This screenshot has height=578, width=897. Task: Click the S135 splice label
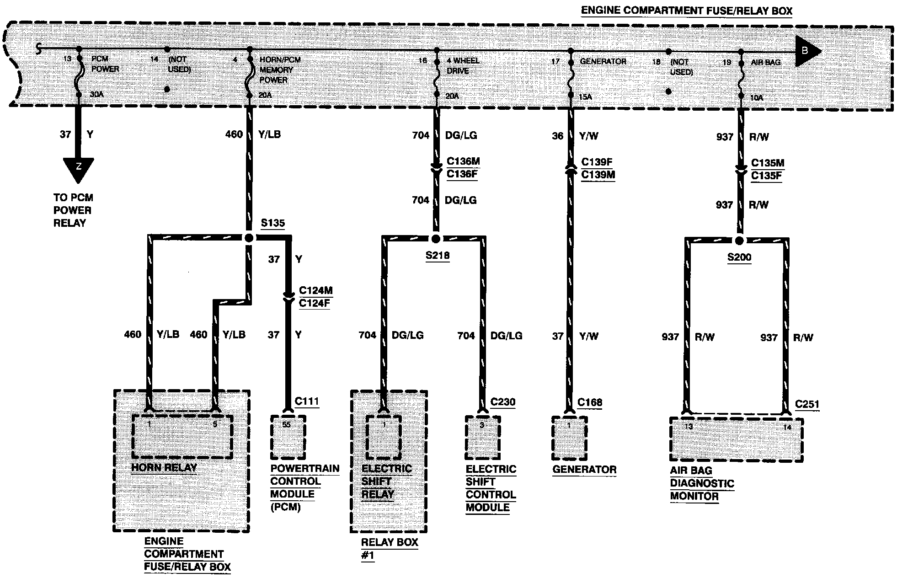(272, 223)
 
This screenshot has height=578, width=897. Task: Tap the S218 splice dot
(436, 239)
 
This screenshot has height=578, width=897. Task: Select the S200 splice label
(739, 257)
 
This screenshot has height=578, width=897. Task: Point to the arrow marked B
(807, 51)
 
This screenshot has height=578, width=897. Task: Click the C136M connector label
(463, 161)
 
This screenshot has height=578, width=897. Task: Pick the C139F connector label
(597, 162)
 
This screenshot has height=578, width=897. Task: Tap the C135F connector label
(766, 176)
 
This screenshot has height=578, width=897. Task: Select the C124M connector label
(315, 290)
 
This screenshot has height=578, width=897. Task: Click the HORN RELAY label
(164, 467)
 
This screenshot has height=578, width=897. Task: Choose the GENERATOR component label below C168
(584, 469)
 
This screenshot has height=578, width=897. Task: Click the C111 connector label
(307, 401)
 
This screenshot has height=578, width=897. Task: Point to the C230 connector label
(502, 402)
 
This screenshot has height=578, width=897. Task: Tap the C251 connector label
(807, 404)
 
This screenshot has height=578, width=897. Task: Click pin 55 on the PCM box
(286, 424)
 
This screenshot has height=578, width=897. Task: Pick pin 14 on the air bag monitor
(786, 427)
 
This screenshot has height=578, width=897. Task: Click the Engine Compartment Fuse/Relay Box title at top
(686, 11)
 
